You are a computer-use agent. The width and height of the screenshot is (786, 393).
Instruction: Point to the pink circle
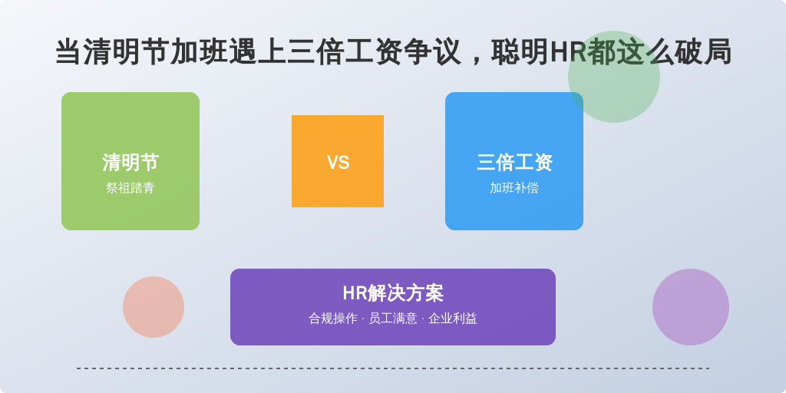pos(154,307)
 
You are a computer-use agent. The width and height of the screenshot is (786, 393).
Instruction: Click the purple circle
pos(691,307)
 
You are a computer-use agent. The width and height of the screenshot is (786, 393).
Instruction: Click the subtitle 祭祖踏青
pos(130,188)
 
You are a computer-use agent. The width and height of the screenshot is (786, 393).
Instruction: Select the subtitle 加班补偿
pos(514,188)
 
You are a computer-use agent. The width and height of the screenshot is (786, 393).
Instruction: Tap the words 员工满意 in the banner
pos(393,319)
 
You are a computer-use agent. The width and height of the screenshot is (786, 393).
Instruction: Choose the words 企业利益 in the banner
pos(453,319)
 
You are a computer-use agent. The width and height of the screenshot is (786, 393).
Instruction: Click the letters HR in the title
pos(569,53)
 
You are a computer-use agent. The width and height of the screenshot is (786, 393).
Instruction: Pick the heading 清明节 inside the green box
pos(130,163)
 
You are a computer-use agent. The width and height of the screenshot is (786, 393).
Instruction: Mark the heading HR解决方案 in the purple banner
pos(393,293)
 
